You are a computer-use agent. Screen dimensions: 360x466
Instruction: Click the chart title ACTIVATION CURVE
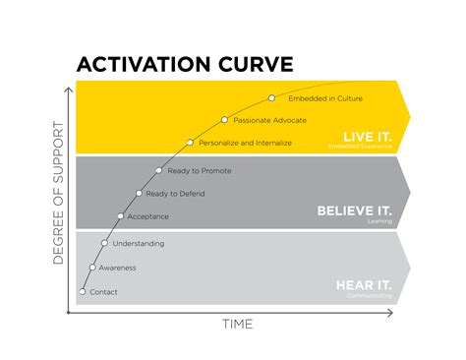point(185,65)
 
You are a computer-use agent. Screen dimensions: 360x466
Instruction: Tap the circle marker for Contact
point(83,291)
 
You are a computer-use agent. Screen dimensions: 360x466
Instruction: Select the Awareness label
point(117,268)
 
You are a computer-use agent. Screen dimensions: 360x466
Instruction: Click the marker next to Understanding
point(105,243)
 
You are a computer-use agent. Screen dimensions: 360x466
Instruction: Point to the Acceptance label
point(148,216)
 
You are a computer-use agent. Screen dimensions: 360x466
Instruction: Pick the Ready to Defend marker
point(139,193)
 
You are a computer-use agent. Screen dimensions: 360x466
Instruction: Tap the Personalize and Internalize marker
point(190,143)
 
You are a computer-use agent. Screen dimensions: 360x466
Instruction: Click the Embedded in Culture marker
point(272,98)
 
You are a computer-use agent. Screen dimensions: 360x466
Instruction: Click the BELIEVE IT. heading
point(354,210)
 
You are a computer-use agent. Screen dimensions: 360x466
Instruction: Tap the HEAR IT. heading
point(363,284)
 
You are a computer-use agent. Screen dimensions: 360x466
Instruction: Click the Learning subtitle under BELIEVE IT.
point(379,221)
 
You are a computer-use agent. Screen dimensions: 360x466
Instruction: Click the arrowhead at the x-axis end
point(391,313)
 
